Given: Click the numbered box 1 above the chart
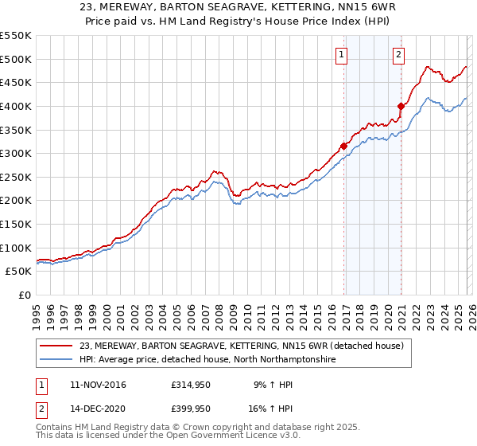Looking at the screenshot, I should coord(341,55).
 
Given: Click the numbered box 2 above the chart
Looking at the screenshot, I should coord(397,55).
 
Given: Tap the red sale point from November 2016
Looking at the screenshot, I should coord(343,146).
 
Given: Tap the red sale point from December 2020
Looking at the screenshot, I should coord(401,106).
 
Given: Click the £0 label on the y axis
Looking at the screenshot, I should coord(24,295).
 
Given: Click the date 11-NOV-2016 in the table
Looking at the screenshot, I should coord(97,385).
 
